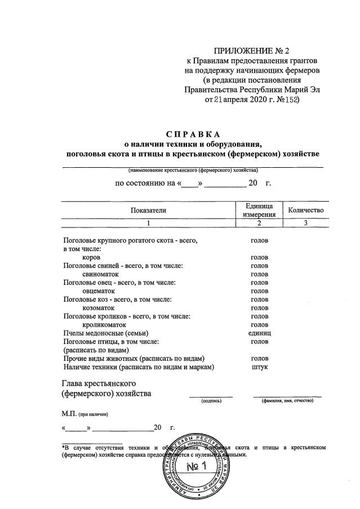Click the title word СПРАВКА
(x=193, y=134)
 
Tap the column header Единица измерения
(x=259, y=210)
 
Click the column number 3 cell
(x=306, y=224)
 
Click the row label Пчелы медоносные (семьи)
(x=100, y=333)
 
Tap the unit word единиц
(x=259, y=333)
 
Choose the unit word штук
(x=259, y=367)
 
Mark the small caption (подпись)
(x=212, y=401)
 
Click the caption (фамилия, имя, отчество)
(x=287, y=401)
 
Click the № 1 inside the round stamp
(x=197, y=466)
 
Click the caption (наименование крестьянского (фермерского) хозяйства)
(x=193, y=171)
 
